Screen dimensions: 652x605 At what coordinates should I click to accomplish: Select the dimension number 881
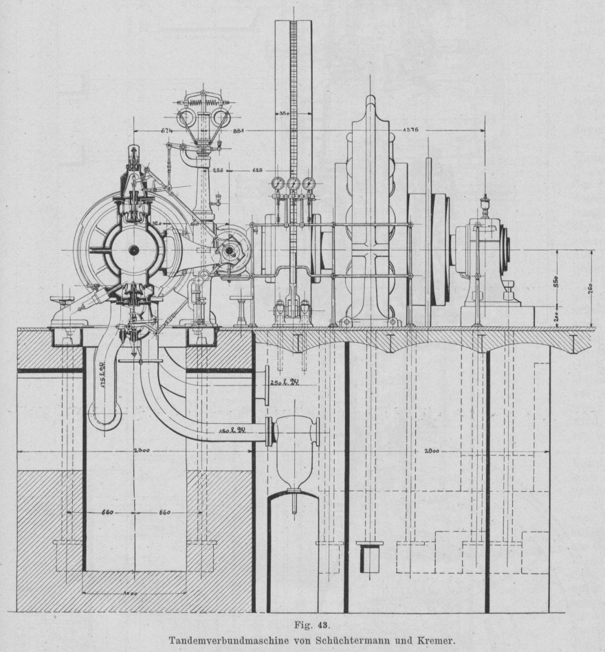(240, 131)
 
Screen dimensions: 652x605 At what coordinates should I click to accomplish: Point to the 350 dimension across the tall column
(283, 113)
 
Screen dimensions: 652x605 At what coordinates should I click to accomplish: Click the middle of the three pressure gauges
(294, 183)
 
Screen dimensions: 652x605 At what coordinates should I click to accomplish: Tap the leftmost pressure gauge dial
(278, 183)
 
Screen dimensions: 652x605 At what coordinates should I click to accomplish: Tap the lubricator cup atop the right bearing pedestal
(485, 203)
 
